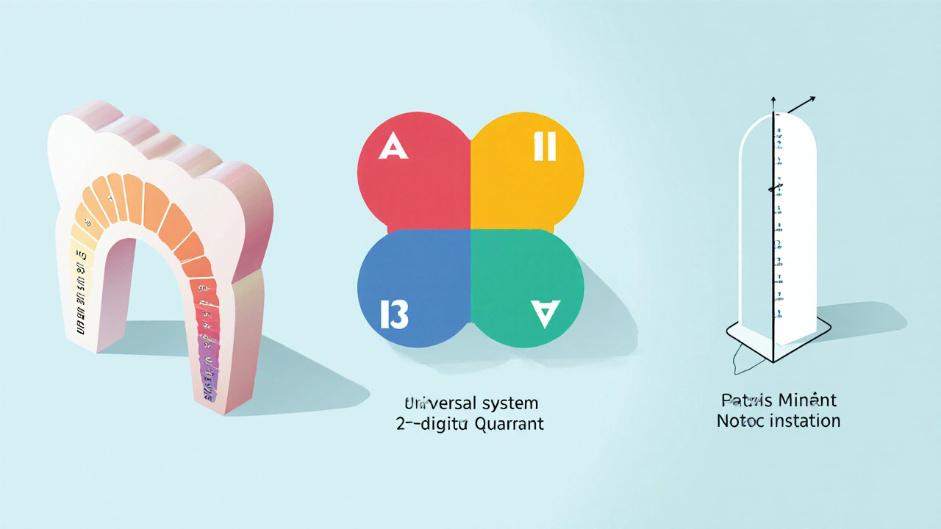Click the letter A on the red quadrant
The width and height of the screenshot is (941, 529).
click(x=393, y=148)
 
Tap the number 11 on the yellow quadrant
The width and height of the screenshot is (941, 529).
click(x=545, y=148)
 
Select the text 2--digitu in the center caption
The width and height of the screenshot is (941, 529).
click(x=431, y=423)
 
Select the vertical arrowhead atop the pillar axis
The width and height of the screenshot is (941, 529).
click(x=773, y=99)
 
